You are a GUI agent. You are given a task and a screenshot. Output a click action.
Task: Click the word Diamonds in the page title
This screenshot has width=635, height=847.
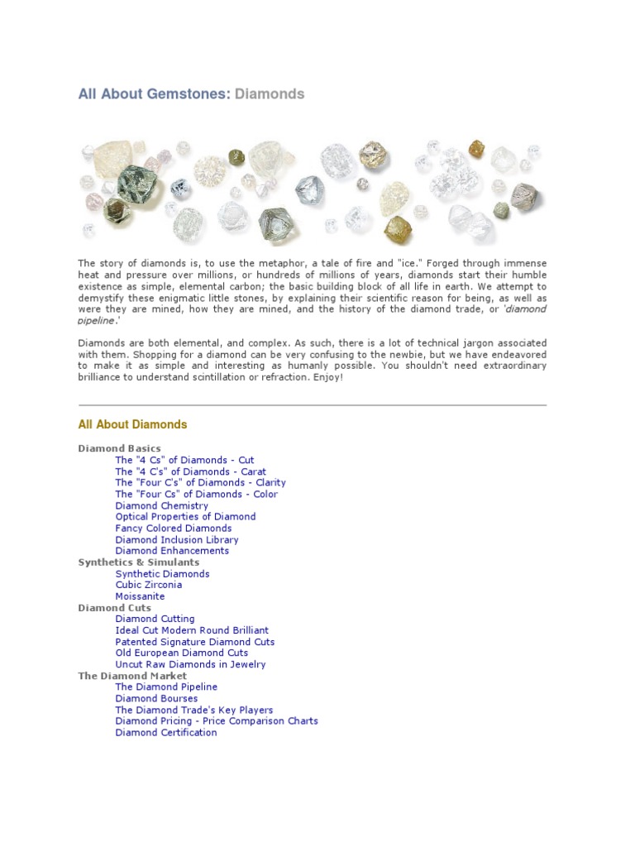[270, 94]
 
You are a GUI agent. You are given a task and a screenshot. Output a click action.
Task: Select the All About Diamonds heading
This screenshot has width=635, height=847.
[132, 424]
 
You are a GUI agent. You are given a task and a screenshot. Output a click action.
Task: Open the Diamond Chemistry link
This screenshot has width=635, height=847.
[162, 505]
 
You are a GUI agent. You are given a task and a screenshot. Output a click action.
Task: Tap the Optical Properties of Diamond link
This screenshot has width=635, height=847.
[185, 517]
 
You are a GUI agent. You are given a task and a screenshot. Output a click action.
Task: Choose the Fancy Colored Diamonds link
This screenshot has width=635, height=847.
[174, 528]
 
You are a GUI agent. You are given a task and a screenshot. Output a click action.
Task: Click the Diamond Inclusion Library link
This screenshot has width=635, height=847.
[177, 539]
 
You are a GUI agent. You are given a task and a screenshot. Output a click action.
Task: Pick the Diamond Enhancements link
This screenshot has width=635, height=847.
[172, 551]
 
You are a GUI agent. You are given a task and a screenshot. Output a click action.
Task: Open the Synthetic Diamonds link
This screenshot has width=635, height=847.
[162, 573]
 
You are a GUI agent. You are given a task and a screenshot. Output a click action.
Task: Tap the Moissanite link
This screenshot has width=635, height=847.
[140, 596]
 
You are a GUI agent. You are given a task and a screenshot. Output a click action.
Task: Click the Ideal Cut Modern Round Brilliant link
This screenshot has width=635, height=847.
[192, 630]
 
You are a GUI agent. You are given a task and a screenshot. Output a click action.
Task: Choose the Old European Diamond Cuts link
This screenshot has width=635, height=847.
[182, 653]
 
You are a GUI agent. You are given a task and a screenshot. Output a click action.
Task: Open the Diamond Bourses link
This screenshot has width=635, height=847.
[156, 698]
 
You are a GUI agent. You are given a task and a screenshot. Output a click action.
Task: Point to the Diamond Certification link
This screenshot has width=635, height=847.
[166, 732]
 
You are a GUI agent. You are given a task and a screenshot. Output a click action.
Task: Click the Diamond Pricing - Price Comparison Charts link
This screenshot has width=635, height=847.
[217, 720]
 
